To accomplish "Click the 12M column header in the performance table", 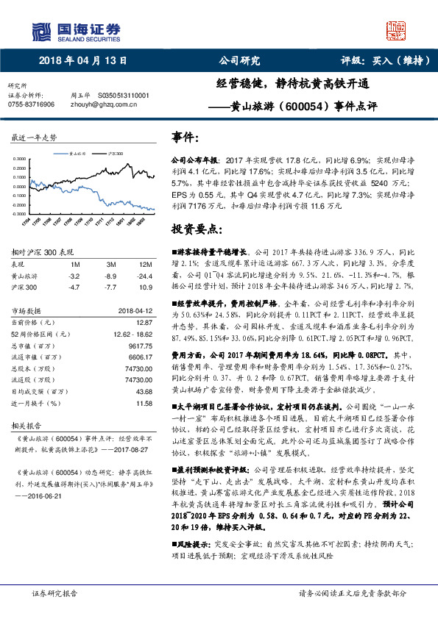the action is [x=144, y=263].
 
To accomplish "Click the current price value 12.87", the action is [x=144, y=321].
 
